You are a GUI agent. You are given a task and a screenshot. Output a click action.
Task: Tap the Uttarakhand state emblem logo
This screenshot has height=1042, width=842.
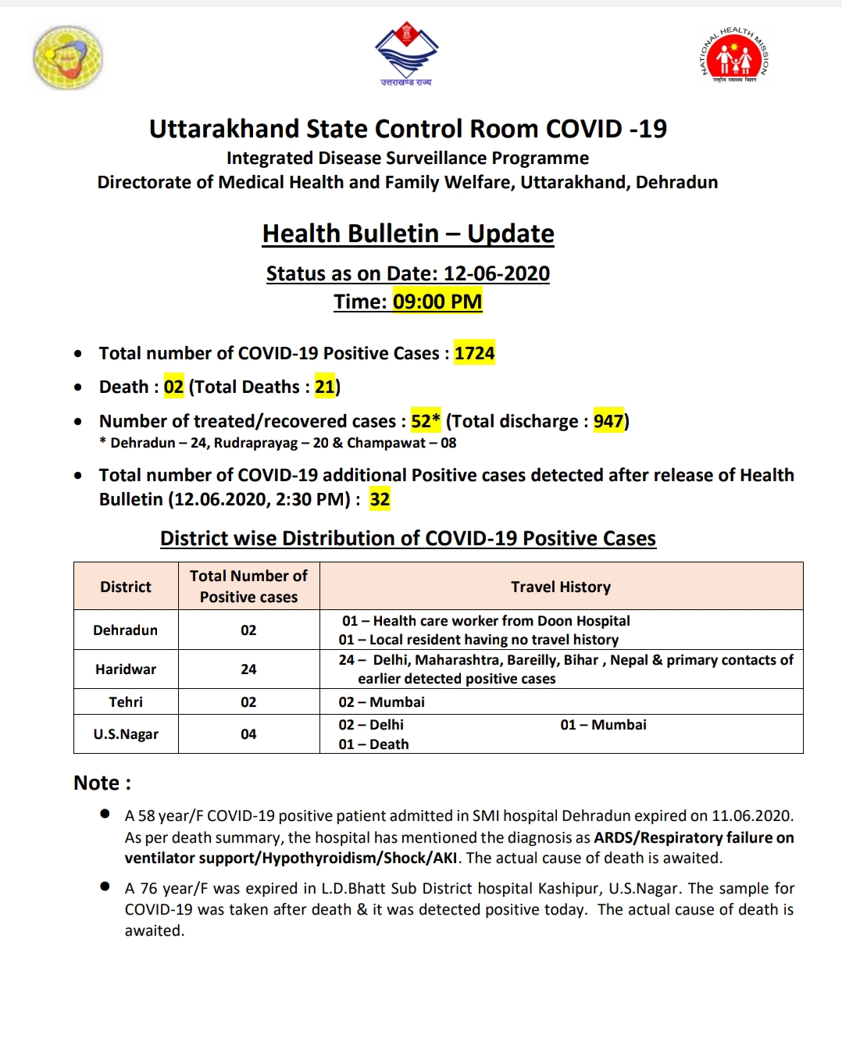[x=406, y=53]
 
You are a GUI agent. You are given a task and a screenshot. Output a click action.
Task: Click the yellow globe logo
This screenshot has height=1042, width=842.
[x=68, y=57]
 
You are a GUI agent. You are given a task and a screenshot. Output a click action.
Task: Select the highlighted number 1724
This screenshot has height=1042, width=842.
[x=474, y=353]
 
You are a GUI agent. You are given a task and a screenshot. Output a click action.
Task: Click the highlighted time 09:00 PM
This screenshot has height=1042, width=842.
[x=437, y=302]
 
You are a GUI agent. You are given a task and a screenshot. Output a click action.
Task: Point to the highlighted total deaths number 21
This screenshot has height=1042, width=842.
[x=324, y=387]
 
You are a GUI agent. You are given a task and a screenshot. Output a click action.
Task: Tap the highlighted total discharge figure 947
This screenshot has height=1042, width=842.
[x=608, y=421]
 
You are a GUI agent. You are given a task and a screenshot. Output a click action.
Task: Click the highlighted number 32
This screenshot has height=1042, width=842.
[x=380, y=499]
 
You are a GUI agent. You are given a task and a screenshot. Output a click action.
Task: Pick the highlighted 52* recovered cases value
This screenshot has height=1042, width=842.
[x=426, y=421]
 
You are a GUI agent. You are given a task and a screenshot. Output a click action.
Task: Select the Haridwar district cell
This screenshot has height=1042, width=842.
[x=126, y=669]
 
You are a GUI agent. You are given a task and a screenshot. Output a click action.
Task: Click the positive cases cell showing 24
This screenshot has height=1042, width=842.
[x=248, y=669]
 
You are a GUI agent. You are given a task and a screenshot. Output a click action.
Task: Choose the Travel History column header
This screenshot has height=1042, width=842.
[x=561, y=587]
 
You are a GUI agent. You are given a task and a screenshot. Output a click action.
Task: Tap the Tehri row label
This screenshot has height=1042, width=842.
[x=126, y=702]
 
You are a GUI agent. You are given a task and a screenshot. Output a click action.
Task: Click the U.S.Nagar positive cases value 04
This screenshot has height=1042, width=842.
[x=248, y=734]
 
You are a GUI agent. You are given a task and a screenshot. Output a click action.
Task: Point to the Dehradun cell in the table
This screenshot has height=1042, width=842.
[x=126, y=630]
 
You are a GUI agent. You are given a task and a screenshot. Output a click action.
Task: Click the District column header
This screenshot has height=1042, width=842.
[x=126, y=587]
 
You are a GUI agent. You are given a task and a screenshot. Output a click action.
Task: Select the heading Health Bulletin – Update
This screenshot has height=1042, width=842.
[x=408, y=234]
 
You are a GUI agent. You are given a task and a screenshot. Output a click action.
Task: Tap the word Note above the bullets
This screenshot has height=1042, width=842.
[x=97, y=783]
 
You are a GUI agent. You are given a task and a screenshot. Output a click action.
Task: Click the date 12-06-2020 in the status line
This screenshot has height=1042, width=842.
[x=497, y=273]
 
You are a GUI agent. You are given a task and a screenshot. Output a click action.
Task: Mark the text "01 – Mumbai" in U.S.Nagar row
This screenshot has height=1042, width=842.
[x=603, y=725]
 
